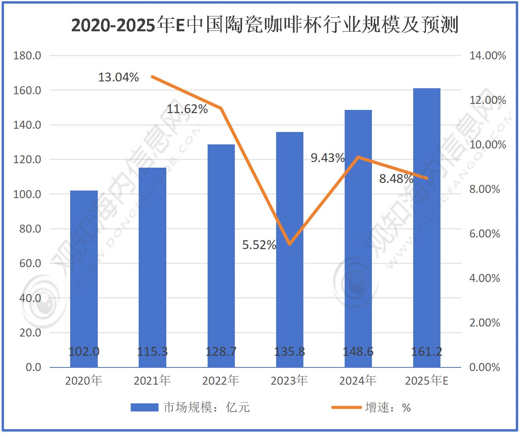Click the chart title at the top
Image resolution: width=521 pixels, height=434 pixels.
(265, 25)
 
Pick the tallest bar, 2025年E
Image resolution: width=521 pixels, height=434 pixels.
(427, 225)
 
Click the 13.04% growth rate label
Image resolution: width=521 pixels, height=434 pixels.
(119, 77)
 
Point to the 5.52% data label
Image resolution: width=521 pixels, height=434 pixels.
(259, 245)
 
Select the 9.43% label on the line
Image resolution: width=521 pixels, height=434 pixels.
(327, 158)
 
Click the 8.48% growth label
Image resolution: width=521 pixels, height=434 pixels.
(396, 178)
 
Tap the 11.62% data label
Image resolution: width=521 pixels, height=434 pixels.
(187, 109)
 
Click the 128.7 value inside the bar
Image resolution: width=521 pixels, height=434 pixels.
(221, 352)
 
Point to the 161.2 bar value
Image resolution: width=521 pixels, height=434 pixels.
(427, 352)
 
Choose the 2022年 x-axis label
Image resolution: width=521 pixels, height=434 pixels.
(221, 380)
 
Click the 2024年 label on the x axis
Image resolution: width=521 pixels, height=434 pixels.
(358, 380)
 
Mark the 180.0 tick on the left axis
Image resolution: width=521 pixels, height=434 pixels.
(27, 55)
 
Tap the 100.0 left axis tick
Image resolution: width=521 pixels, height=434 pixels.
(27, 194)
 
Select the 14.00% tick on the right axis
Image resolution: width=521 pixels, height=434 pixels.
(487, 55)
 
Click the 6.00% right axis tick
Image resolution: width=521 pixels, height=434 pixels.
(485, 233)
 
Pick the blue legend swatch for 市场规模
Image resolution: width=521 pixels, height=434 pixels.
(145, 408)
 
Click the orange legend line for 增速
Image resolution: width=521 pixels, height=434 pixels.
(347, 408)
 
